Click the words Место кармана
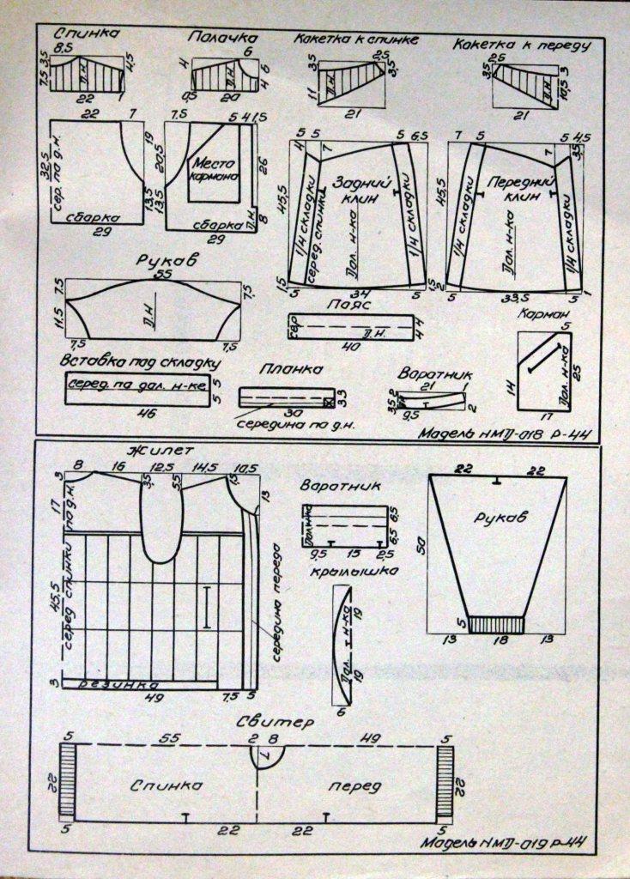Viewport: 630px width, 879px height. [215, 169]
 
